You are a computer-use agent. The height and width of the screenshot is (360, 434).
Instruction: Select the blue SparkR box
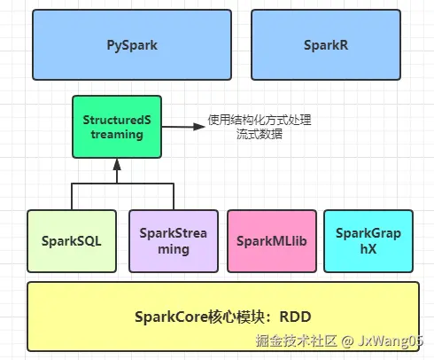(x=328, y=44)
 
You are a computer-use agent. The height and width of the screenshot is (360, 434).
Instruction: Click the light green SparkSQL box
(x=72, y=240)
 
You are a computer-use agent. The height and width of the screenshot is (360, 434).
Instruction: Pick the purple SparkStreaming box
(x=173, y=240)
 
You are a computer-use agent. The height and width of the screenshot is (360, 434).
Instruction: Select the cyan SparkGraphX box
(x=368, y=240)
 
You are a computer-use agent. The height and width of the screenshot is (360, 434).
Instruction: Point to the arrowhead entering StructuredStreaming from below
(x=116, y=164)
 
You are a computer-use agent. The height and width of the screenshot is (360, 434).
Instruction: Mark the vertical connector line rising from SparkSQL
(x=72, y=196)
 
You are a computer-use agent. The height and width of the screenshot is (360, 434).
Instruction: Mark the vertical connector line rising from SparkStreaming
(x=173, y=196)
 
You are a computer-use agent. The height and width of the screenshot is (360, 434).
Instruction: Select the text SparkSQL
(x=72, y=240)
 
